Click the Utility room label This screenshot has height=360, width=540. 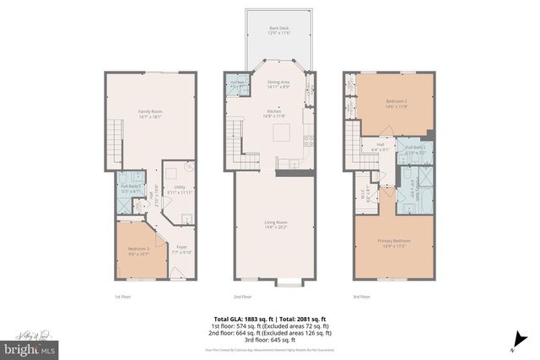[x=180, y=190]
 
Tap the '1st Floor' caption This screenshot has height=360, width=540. [x=122, y=297]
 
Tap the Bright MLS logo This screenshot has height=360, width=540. [x=30, y=347]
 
